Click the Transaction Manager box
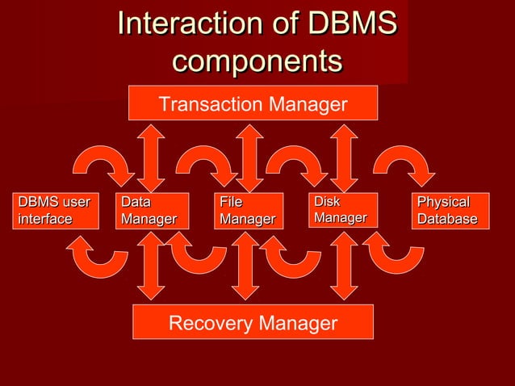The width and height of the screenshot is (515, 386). (253, 103)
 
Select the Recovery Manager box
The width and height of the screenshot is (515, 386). (253, 323)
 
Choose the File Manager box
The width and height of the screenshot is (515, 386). (249, 211)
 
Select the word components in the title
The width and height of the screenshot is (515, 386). (257, 61)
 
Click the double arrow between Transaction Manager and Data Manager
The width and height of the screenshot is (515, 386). (151, 157)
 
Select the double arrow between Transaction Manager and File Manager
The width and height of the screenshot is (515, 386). (249, 157)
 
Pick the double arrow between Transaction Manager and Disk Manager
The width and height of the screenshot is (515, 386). (344, 157)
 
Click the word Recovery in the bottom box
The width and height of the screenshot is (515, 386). (208, 324)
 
